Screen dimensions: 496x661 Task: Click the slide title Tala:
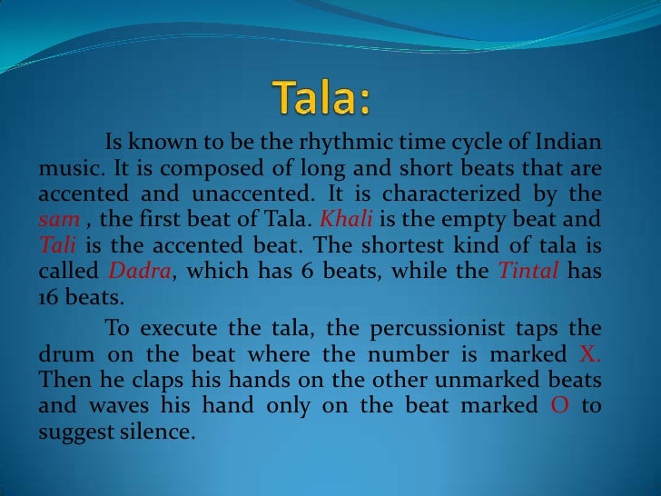coord(322,96)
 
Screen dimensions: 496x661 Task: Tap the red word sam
coord(55,219)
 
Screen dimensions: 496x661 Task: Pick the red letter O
coord(560,405)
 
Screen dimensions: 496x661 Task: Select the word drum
coord(64,354)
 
